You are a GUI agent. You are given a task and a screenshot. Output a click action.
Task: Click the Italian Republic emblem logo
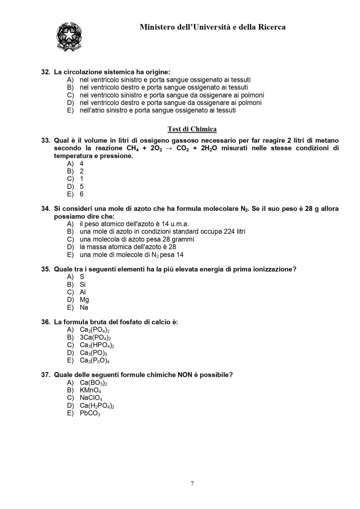69,37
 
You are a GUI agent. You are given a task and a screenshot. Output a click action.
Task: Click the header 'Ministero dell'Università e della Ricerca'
212,27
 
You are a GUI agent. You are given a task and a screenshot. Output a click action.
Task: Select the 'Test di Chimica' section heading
192,129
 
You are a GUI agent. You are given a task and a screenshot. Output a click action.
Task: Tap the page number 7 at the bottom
192,483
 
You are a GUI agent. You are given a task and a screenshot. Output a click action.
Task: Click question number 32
46,72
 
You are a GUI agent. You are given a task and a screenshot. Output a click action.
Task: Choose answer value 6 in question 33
82,194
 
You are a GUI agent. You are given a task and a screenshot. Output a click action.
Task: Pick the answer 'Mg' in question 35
84,300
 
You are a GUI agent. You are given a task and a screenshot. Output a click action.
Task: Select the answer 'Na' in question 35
84,308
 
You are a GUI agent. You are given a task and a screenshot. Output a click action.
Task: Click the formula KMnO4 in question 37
90,390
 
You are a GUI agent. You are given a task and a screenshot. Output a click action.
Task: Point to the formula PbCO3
90,413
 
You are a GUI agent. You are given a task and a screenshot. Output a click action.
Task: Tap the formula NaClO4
91,398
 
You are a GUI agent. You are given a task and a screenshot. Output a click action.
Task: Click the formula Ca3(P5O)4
94,361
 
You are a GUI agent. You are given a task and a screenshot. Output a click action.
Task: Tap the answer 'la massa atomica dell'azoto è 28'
127,247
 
